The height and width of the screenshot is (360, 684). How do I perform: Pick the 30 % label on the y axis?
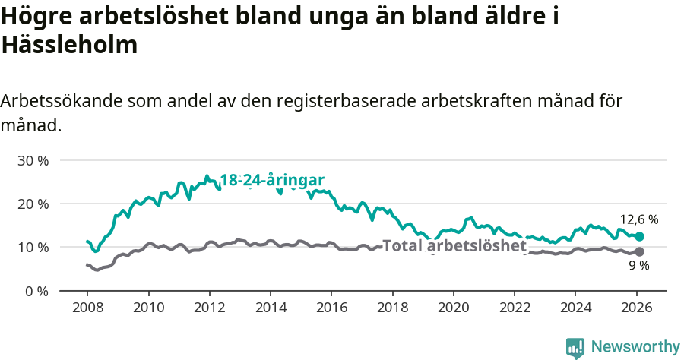point(33,161)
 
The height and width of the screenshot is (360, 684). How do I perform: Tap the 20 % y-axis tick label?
point(33,204)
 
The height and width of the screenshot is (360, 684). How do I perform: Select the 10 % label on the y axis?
point(33,248)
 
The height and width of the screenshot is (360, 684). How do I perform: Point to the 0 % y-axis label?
point(36,291)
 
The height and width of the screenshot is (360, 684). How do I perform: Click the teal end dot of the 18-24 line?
point(639,236)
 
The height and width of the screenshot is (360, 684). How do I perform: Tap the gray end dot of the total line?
point(639,251)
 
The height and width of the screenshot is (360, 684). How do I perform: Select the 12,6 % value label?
point(638,219)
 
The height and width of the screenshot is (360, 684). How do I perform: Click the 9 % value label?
point(638,266)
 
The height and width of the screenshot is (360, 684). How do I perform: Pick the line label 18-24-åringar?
point(272,180)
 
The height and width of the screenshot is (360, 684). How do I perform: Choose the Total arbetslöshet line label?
point(454,246)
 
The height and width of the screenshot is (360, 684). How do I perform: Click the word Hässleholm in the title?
point(70,46)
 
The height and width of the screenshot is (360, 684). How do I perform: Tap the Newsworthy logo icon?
point(575,347)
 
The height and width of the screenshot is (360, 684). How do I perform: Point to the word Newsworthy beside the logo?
point(635,347)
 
